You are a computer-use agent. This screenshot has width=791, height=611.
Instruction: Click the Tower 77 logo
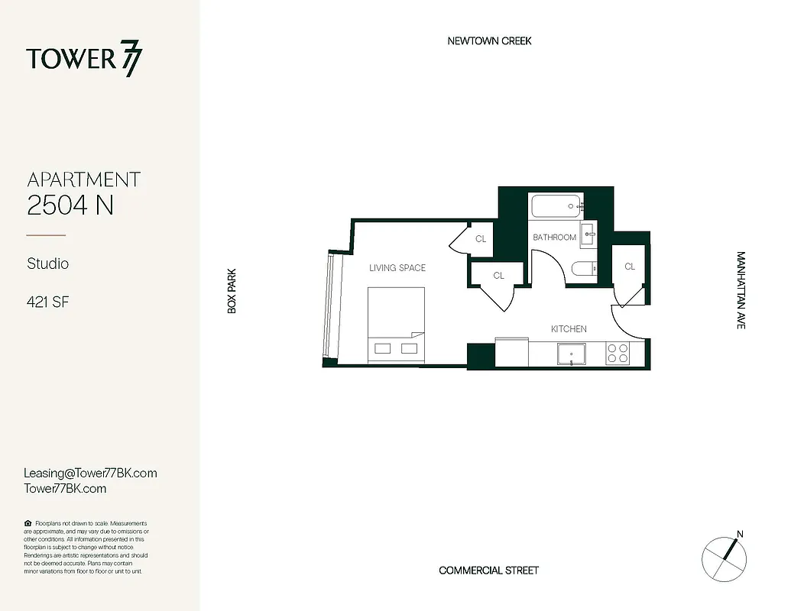coord(84,60)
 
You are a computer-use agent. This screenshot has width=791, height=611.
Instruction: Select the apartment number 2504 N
coord(70,205)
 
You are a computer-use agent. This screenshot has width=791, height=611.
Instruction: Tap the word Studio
coord(48,263)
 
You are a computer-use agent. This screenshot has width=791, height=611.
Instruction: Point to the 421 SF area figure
coord(48,302)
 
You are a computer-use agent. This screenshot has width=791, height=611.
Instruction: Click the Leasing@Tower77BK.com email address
coord(90,473)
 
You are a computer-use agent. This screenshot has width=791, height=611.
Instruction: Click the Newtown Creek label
coord(489,40)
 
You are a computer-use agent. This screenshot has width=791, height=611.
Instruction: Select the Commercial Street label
coord(488,571)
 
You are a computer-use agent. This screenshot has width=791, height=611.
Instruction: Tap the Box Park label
coord(232,290)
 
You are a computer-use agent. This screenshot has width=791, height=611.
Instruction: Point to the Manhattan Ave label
coord(740,290)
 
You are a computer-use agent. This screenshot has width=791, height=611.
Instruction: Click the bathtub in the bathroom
coord(557,206)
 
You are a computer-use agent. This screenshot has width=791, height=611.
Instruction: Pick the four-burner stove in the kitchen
coord(618,353)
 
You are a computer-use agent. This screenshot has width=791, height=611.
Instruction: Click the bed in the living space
coord(396,324)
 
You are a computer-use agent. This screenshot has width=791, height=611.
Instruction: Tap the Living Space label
coord(397,268)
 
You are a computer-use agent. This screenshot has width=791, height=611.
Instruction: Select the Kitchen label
coord(569,329)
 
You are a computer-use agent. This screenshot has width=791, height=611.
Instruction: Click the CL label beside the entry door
coord(630,267)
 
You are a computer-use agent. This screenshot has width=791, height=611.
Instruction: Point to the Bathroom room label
coord(554,238)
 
